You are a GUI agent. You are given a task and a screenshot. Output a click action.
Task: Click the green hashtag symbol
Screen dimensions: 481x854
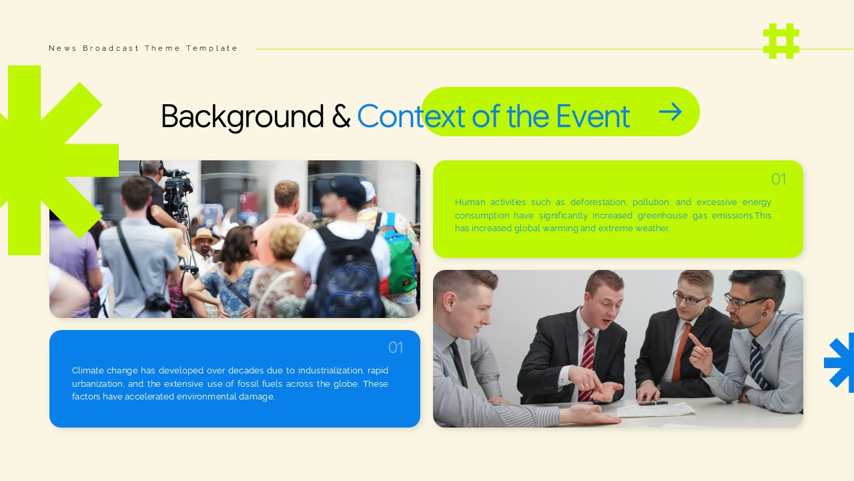[781, 41]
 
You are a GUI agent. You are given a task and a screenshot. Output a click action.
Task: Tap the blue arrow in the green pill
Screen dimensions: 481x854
[671, 112]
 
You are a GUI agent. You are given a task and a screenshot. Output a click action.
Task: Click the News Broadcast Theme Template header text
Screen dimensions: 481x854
[143, 48]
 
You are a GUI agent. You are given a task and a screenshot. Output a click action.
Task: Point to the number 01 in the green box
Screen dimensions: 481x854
[778, 179]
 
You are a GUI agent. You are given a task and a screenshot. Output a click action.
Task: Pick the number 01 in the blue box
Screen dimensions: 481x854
[396, 347]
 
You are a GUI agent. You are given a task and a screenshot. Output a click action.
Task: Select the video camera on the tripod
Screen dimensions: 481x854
[177, 187]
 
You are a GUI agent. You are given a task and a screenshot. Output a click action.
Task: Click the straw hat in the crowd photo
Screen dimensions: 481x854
[203, 235]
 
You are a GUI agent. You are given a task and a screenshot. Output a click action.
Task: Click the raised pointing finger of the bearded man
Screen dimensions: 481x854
[694, 339]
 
